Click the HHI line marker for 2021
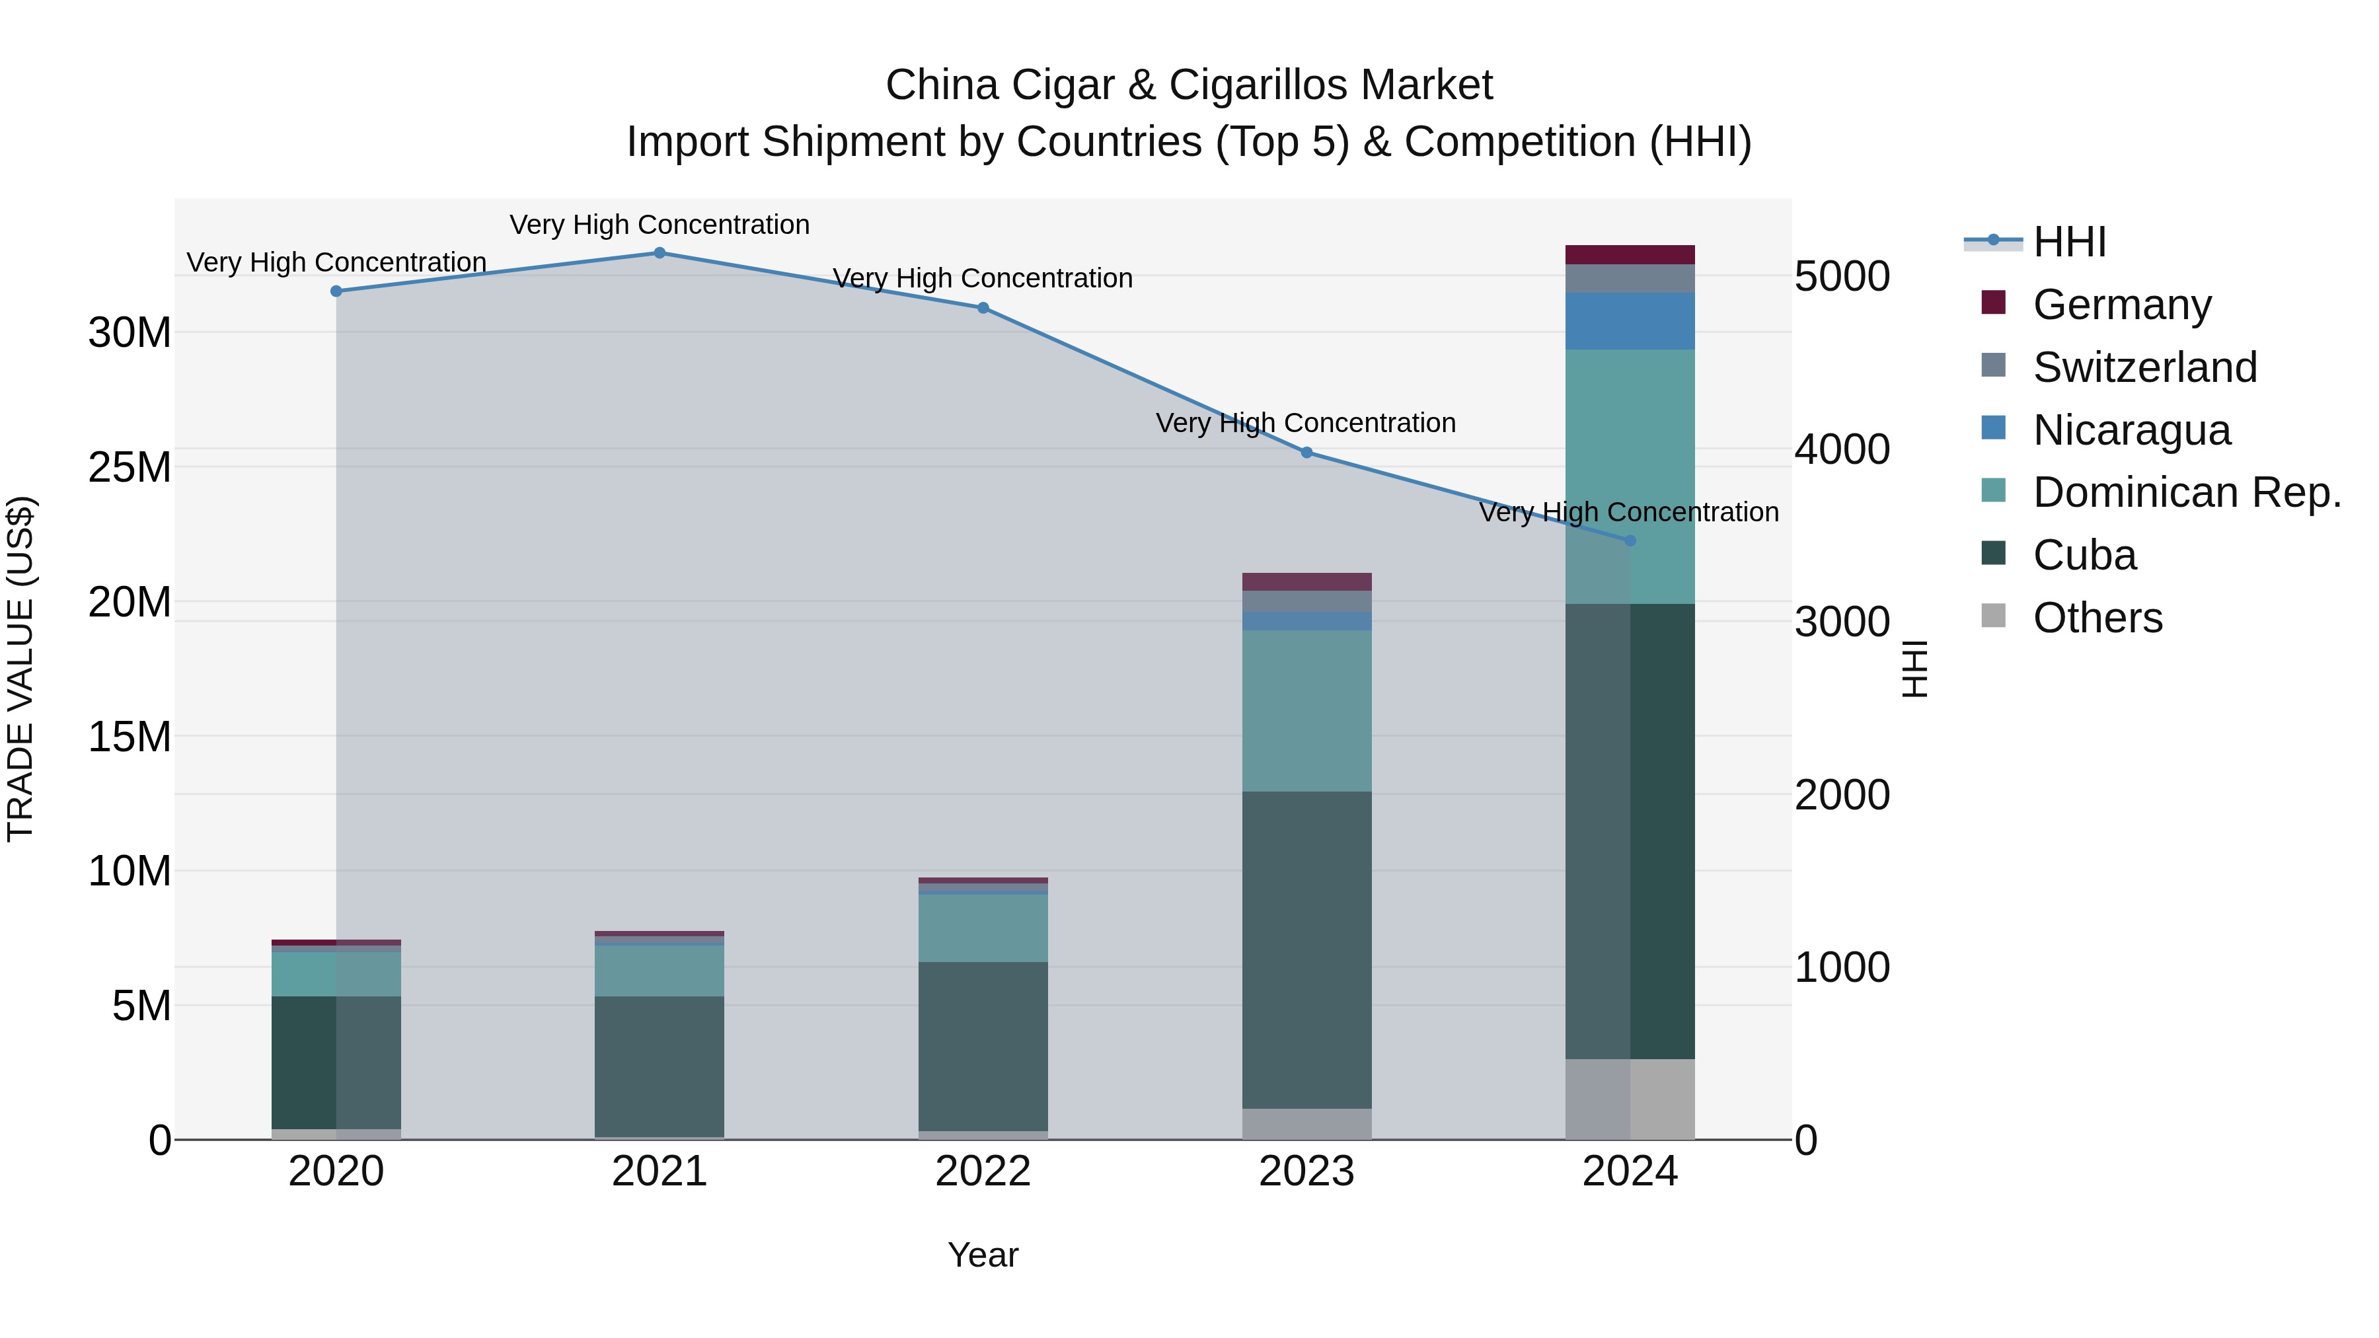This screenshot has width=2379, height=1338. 660,253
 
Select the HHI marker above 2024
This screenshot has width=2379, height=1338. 1630,541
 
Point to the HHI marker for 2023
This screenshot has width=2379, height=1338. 1306,453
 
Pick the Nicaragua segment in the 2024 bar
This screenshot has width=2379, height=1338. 1630,321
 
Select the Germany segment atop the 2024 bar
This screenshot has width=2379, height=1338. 1630,255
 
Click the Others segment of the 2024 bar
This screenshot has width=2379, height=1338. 1630,1099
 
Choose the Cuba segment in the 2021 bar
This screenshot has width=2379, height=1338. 660,1066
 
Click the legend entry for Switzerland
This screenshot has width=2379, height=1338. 2144,367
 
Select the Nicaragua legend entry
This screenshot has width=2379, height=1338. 2131,430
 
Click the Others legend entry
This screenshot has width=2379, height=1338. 2097,618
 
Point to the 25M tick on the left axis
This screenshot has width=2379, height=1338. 130,467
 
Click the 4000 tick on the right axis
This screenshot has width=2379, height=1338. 1842,450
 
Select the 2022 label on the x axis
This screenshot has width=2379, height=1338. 983,1171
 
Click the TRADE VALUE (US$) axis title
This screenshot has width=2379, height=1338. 20,669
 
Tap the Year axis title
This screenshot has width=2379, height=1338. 983,1255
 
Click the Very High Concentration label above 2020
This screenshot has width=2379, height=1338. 336,262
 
